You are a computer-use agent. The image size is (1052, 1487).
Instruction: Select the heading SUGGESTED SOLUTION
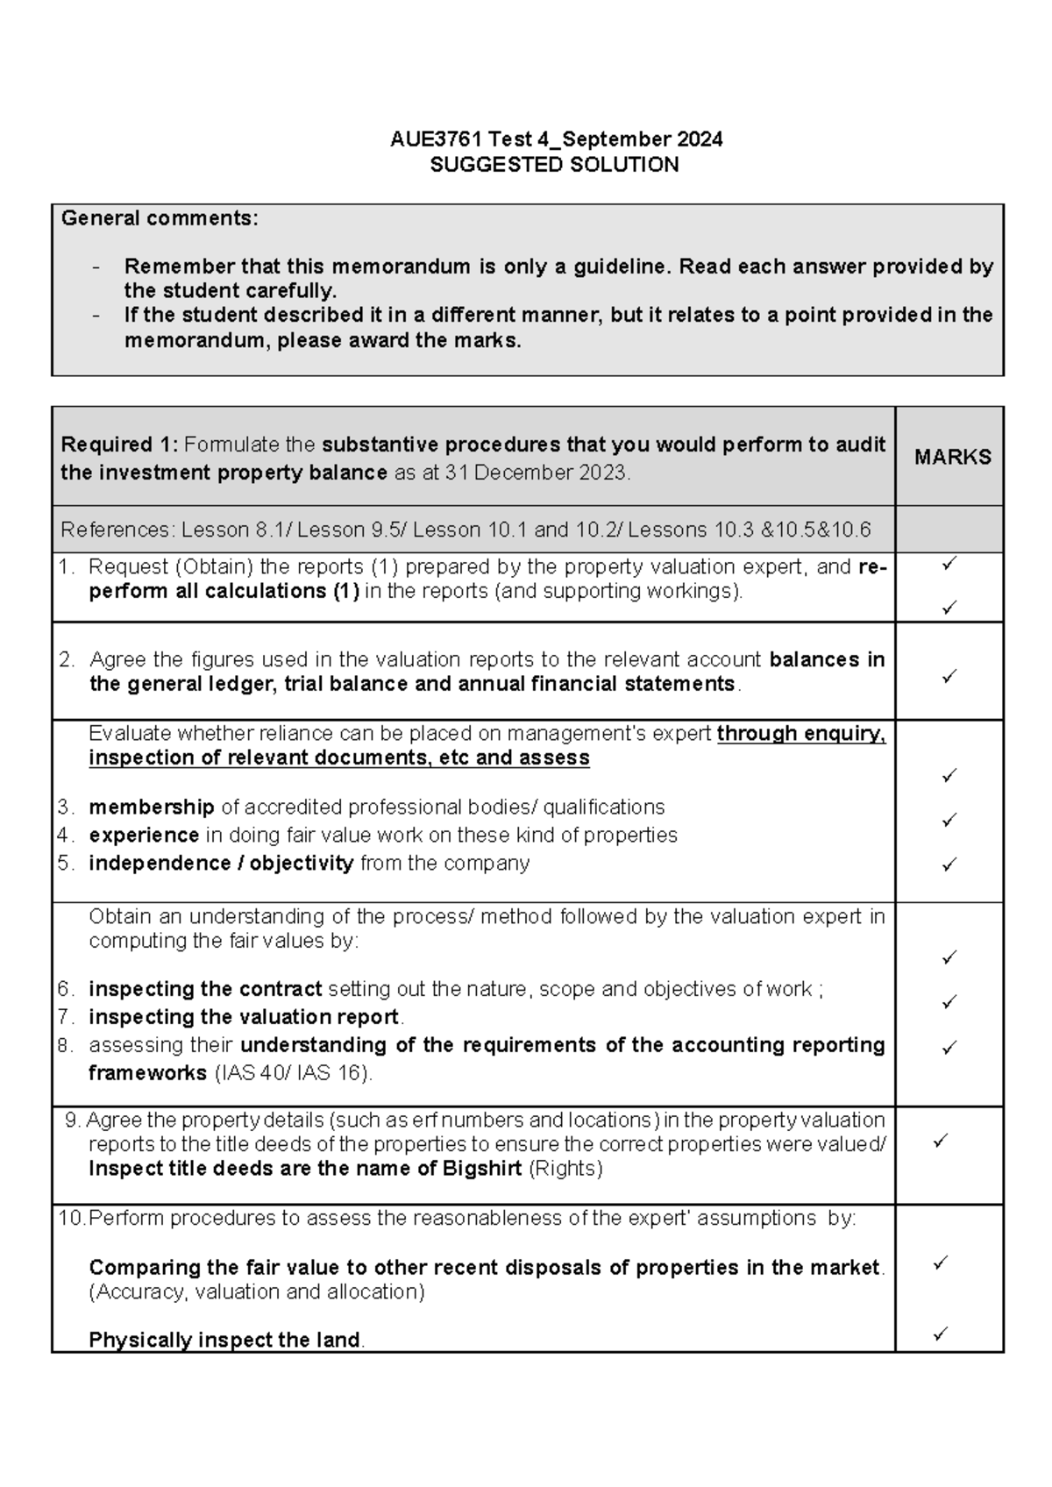tap(554, 165)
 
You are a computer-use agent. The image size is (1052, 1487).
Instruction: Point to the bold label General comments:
tap(160, 218)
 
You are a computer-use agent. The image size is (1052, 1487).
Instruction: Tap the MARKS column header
tap(952, 457)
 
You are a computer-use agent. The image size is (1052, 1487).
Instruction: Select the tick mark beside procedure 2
tap(949, 676)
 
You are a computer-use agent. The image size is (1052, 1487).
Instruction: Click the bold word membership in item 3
tap(151, 807)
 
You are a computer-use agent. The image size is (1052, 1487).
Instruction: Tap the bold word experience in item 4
tap(144, 835)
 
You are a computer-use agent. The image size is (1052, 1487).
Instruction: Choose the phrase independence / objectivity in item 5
tap(221, 863)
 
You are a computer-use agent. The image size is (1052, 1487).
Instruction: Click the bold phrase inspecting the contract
tap(205, 989)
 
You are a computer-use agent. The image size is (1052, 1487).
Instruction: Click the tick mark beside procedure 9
tap(941, 1141)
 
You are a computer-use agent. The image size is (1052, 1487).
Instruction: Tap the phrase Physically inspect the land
tap(224, 1340)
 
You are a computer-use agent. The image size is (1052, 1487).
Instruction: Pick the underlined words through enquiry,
tap(800, 733)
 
